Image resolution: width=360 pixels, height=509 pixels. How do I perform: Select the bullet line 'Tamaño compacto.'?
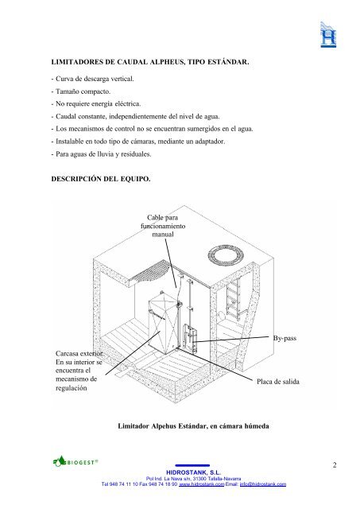tap(83, 92)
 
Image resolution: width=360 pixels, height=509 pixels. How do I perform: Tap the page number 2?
tap(336, 464)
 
